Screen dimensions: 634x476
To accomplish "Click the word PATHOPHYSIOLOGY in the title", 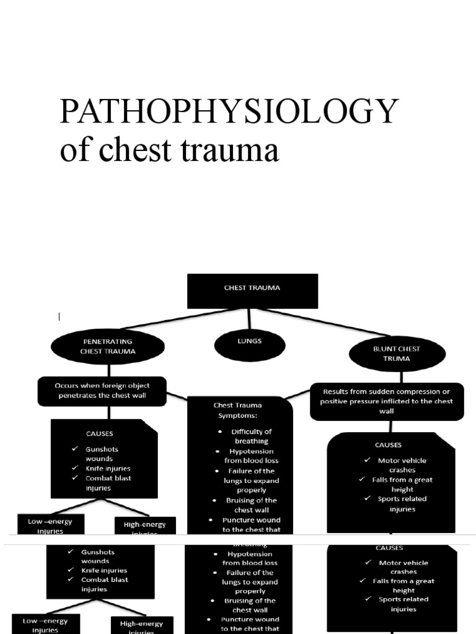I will click(229, 112).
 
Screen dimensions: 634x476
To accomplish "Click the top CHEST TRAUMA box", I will click(252, 291).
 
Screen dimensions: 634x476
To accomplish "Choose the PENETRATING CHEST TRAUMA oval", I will click(108, 346).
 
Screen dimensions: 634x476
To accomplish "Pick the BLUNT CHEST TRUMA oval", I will click(397, 354).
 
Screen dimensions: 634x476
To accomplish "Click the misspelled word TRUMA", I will click(397, 358).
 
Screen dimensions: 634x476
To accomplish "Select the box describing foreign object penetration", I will click(102, 391).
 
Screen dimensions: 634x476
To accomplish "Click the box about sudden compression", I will click(387, 401).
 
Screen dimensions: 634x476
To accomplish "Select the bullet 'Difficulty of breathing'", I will click(251, 436).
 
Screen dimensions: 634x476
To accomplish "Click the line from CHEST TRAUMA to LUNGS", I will click(249, 318).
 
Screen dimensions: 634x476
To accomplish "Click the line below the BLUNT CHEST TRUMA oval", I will click(401, 376).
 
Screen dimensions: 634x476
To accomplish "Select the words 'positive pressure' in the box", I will click(351, 401).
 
